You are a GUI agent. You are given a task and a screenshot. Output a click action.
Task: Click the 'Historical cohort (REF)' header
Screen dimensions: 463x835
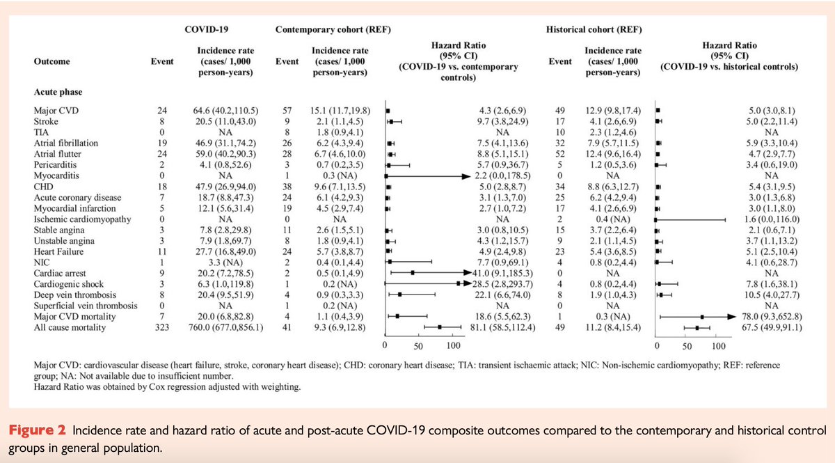point(593,30)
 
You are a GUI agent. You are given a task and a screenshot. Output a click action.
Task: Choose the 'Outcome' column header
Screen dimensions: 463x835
point(51,61)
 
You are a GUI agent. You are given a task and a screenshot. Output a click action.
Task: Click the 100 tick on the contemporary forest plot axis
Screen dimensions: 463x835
point(453,345)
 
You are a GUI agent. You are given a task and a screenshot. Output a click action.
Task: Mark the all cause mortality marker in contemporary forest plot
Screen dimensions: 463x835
point(439,326)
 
